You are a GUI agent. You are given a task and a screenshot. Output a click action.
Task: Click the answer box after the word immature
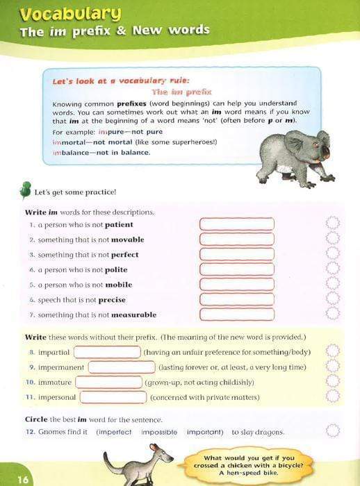pos(108,382)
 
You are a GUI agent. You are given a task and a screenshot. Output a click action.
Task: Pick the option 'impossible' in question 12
pos(159,432)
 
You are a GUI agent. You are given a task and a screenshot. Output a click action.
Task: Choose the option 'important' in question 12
pos(203,432)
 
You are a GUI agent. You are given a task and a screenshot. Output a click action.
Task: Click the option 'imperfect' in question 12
pos(114,432)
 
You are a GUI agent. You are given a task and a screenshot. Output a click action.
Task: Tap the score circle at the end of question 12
pos(332,431)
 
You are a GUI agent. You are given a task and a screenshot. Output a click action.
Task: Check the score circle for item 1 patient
pos(332,224)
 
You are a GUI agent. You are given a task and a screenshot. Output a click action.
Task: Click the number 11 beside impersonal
pos(30,397)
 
